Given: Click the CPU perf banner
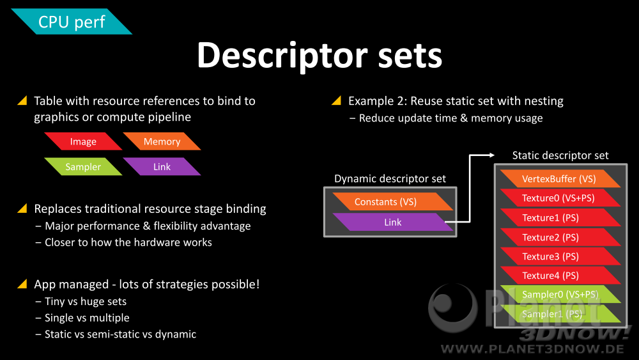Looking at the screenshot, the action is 72,22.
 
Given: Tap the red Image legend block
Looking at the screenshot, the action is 83,141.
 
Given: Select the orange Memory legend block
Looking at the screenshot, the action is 162,141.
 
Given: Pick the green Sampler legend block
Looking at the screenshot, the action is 83,167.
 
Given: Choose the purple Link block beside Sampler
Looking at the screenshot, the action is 162,167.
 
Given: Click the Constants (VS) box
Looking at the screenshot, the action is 393,202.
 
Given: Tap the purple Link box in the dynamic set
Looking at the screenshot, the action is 393,222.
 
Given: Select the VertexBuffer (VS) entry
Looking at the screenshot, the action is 560,178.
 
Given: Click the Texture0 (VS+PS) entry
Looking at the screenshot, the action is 560,198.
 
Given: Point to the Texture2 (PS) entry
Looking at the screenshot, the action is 560,237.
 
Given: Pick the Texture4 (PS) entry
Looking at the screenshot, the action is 560,276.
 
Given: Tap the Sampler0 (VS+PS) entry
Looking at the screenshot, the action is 560,294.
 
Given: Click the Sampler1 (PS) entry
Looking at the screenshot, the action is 560,314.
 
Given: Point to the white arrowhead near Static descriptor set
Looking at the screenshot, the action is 492,155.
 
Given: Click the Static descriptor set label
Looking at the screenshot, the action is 560,155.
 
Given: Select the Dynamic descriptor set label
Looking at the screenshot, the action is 390,178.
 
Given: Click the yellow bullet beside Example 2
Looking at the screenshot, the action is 337,100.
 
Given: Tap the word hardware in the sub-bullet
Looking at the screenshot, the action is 157,242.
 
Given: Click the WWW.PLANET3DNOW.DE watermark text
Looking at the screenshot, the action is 532,349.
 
